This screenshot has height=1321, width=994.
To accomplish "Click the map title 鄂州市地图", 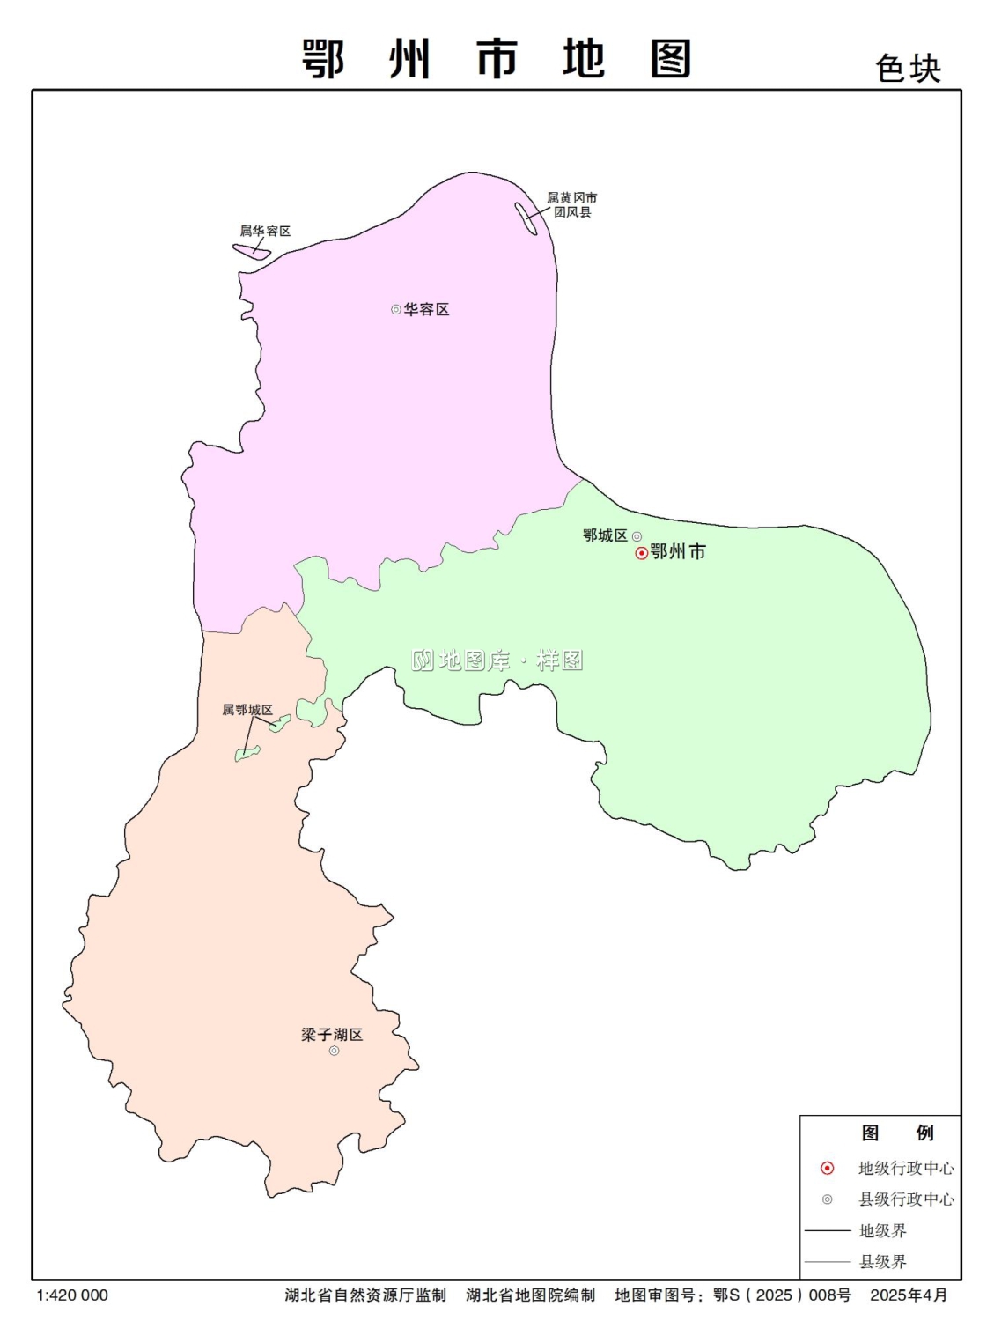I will [497, 60].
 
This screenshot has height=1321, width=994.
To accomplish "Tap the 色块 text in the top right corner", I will [908, 69].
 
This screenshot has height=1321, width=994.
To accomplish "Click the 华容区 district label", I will [427, 310].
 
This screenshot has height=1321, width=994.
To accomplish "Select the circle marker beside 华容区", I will [396, 310].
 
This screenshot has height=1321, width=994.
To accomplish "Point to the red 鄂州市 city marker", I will [642, 553].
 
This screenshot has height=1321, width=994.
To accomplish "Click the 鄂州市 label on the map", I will [678, 552].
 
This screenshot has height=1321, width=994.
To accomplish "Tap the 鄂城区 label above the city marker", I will [605, 535].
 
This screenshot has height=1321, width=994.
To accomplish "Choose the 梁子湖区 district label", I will [332, 1035].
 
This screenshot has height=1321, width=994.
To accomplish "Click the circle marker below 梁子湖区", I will [335, 1051].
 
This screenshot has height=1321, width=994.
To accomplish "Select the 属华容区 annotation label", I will [265, 232].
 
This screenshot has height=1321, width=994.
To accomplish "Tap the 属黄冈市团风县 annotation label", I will [572, 205].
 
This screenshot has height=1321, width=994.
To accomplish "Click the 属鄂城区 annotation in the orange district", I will [247, 710].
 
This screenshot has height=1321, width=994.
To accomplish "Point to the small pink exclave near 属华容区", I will [252, 251].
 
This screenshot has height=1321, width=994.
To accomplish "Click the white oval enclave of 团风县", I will [526, 218].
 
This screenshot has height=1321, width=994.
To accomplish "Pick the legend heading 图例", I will [897, 1133].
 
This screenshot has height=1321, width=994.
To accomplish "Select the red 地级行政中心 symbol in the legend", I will [828, 1169].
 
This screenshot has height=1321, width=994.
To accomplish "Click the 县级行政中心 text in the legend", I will [906, 1199].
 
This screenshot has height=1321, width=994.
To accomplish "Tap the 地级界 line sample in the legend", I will [828, 1230].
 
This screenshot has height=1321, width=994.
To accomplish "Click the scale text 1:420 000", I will [72, 1295].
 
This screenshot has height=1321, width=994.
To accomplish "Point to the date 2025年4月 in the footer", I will [909, 1295].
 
